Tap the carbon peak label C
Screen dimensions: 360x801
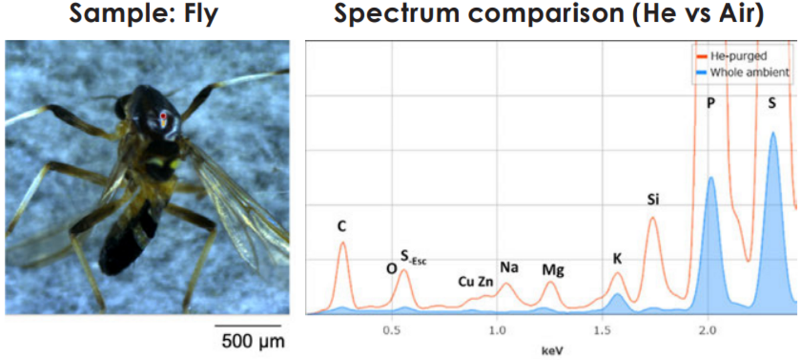click(342, 227)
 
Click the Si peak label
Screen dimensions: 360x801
click(653, 199)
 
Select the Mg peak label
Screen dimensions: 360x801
click(553, 270)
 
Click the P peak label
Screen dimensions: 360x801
click(710, 104)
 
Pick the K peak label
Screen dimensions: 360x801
click(617, 258)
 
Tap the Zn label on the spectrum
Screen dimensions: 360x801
click(486, 281)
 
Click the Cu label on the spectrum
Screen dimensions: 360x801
click(466, 281)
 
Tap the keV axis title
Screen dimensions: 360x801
click(551, 349)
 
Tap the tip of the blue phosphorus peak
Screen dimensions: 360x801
click(711, 177)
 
